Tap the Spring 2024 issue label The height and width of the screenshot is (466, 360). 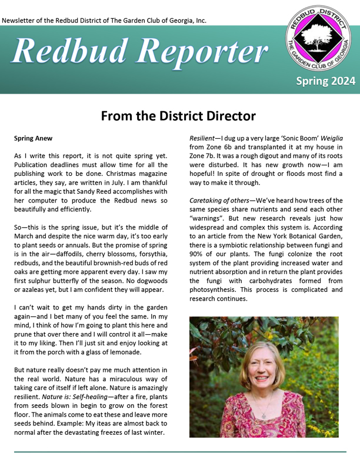click(x=325, y=81)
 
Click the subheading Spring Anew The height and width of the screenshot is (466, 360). click(x=33, y=139)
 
